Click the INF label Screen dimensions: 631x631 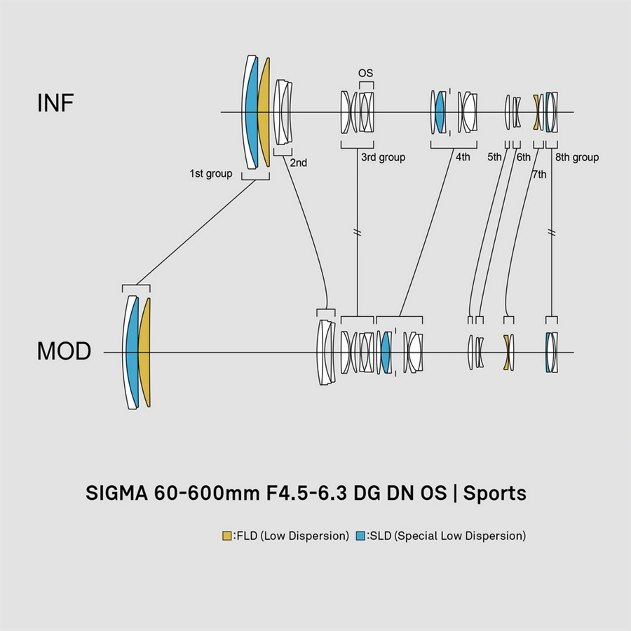pyautogui.click(x=55, y=103)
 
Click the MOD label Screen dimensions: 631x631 pyautogui.click(x=64, y=351)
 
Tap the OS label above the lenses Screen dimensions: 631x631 pyautogui.click(x=365, y=73)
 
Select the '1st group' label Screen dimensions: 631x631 pyautogui.click(x=210, y=173)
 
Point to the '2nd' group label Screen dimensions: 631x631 pyautogui.click(x=299, y=163)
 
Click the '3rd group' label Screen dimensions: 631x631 pyautogui.click(x=383, y=158)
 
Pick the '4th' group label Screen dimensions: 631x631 pyautogui.click(x=463, y=158)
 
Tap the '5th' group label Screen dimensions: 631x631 pyautogui.click(x=495, y=158)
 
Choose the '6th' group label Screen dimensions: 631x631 pyautogui.click(x=524, y=158)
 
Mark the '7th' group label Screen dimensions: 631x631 pyautogui.click(x=539, y=175)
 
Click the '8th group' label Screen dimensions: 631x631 pyautogui.click(x=577, y=158)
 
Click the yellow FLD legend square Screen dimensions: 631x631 pyautogui.click(x=226, y=536)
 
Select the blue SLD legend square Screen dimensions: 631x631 pyautogui.click(x=360, y=536)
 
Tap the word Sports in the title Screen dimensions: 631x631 pyautogui.click(x=495, y=493)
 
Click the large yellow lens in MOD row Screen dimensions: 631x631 pyautogui.click(x=144, y=352)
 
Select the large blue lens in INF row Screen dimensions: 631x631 pyautogui.click(x=251, y=112)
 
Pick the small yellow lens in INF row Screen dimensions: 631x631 pyautogui.click(x=537, y=112)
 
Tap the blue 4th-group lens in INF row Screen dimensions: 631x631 pyautogui.click(x=440, y=112)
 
